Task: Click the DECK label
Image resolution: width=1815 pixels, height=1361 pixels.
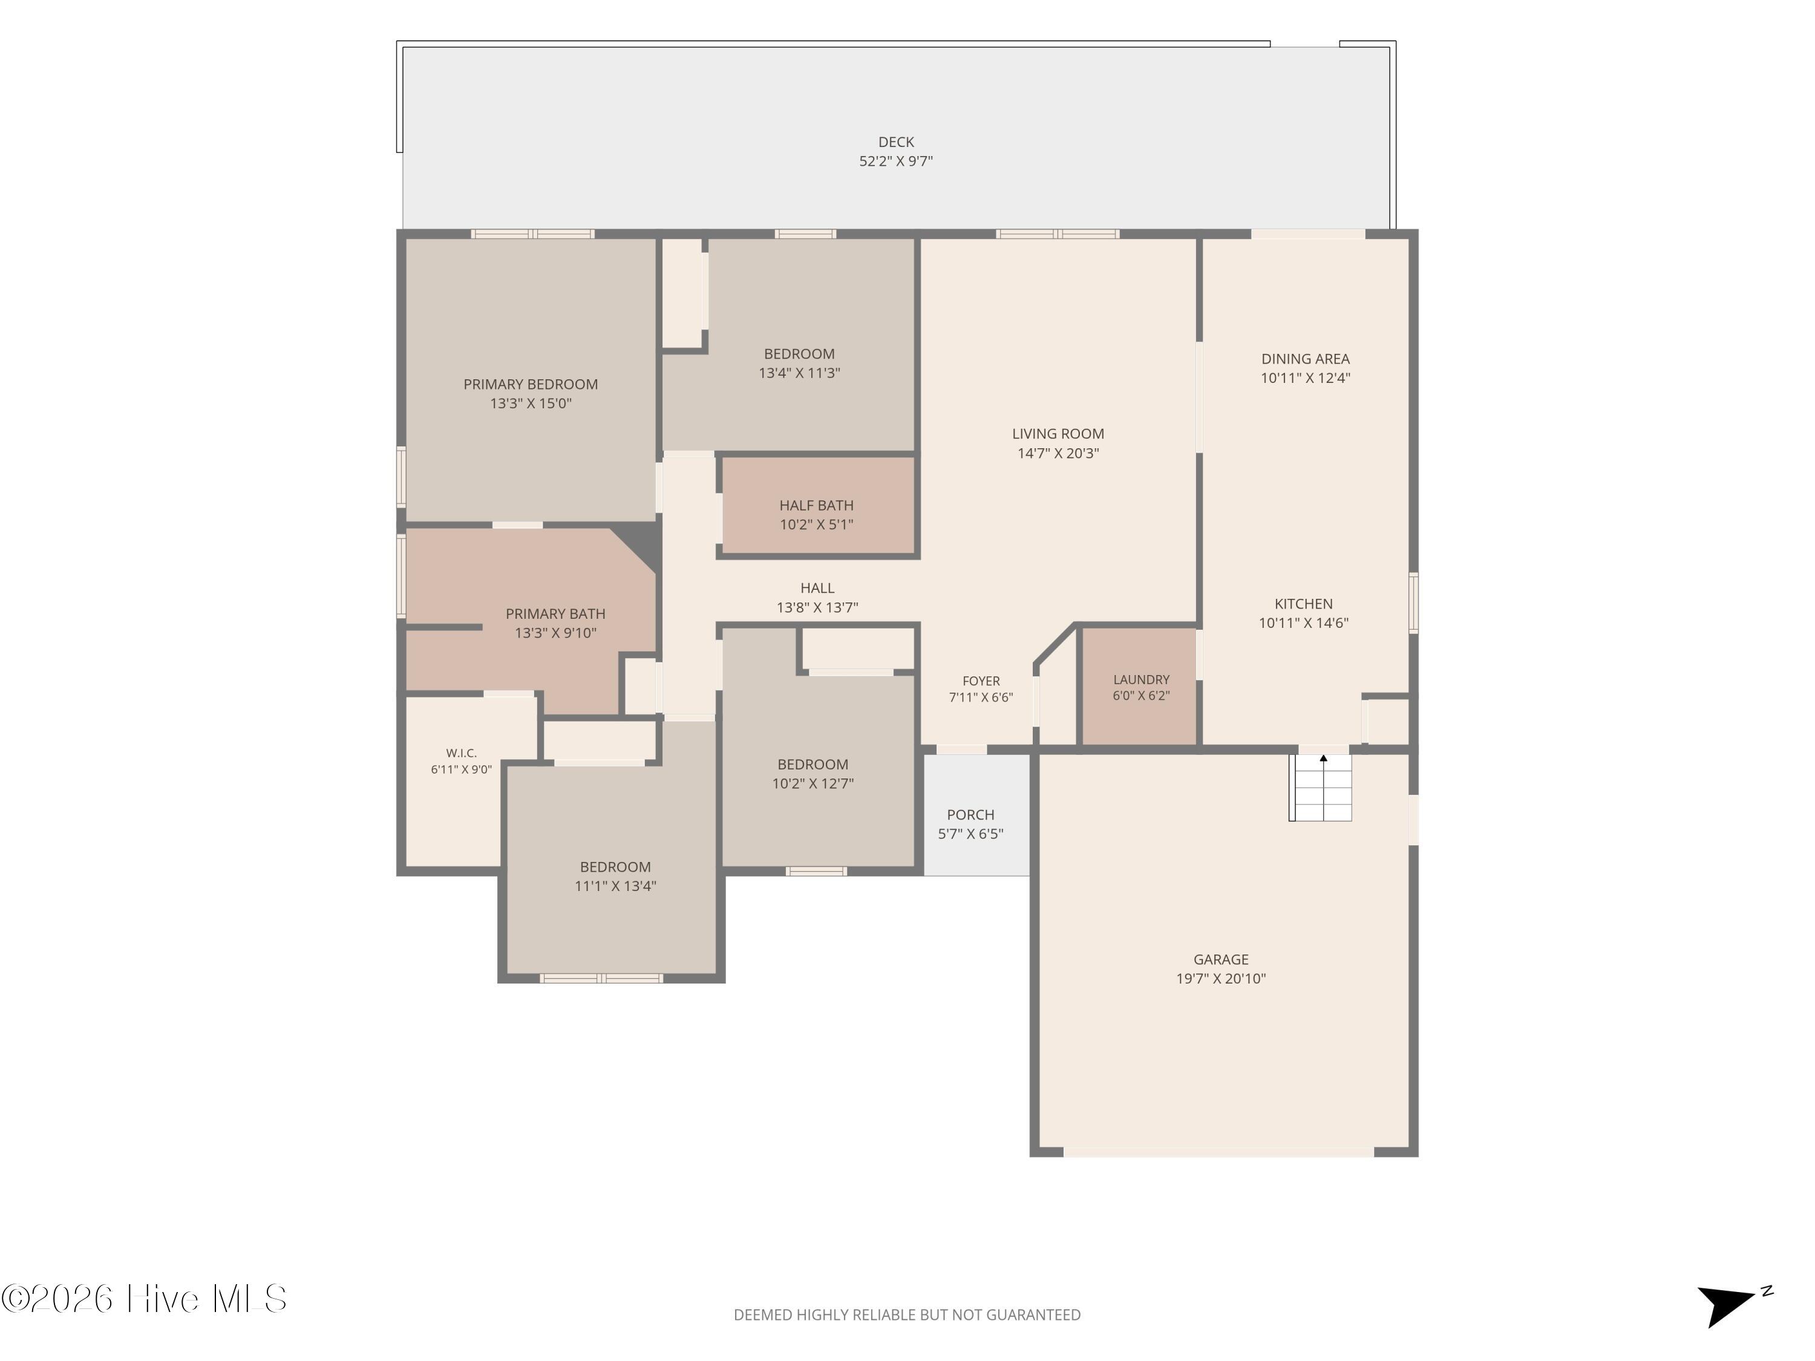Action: point(896,142)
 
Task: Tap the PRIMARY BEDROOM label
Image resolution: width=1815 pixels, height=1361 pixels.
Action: point(531,384)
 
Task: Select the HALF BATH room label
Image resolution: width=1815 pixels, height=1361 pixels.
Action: point(816,505)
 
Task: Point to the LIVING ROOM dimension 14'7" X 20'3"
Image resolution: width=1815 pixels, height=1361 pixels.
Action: point(1059,453)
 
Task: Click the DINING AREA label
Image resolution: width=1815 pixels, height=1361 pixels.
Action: point(1306,359)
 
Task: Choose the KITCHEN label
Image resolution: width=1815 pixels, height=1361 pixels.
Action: point(1304,604)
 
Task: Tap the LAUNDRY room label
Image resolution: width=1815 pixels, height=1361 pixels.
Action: point(1142,679)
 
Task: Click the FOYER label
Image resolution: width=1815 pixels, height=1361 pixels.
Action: point(981,681)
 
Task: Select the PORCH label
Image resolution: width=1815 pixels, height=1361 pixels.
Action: point(970,815)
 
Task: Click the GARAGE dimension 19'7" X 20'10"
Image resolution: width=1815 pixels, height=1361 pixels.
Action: point(1221,978)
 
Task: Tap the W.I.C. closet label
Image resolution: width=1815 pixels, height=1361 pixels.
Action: point(461,752)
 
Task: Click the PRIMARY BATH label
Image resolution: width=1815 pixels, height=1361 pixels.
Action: point(555,613)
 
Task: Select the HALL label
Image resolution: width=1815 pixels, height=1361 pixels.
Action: point(817,588)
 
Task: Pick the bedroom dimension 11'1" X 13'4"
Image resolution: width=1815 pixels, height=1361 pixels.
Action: point(615,886)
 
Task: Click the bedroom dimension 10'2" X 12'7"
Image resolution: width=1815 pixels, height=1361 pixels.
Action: point(813,783)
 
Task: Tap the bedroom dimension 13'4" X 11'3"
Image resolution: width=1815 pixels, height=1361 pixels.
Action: point(799,373)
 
